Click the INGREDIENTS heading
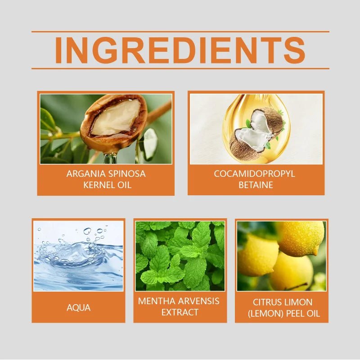(x=180, y=50)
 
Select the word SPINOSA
(x=127, y=174)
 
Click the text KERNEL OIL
(x=107, y=185)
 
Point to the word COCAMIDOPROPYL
(x=254, y=174)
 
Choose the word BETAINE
(x=256, y=185)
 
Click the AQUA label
(x=78, y=308)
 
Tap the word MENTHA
(x=156, y=301)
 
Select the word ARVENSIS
(x=198, y=301)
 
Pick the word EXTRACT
(x=180, y=312)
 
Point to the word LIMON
(x=298, y=302)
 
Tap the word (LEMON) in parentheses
(x=265, y=314)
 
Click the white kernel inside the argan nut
(x=117, y=117)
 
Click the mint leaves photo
(x=180, y=256)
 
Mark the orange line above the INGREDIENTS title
(x=180, y=31)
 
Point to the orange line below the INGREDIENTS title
(x=180, y=68)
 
